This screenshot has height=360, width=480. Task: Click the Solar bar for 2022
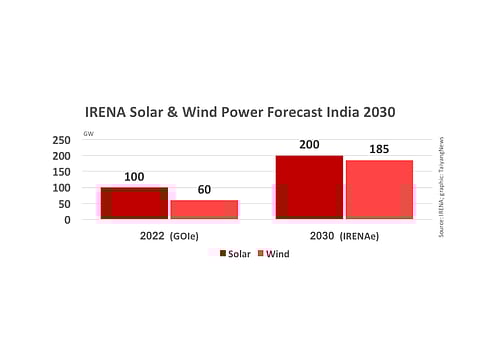point(134,203)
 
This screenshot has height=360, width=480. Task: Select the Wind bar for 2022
point(204,209)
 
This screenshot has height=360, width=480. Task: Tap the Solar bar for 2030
point(309,187)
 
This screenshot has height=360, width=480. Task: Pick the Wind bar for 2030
point(379,189)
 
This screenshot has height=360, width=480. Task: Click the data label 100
point(134,177)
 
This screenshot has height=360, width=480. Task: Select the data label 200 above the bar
point(309,145)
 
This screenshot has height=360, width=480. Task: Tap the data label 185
point(379,150)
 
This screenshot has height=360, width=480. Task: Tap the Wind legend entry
point(276,253)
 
